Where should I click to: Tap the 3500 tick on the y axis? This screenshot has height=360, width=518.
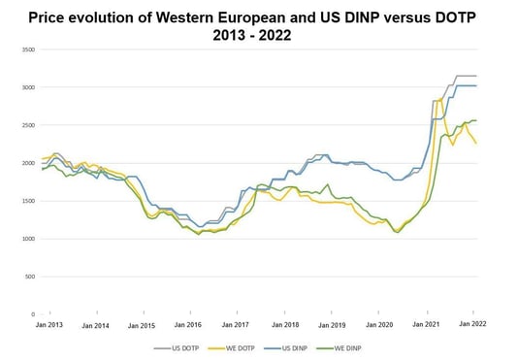tap(26, 49)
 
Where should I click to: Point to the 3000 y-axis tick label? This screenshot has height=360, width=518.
tap(26, 87)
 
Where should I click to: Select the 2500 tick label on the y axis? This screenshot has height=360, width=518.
tap(26, 125)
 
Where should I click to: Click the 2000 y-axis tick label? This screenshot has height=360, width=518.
tap(26, 163)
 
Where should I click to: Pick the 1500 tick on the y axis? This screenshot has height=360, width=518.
tap(26, 201)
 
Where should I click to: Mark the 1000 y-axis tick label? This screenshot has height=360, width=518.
tap(26, 239)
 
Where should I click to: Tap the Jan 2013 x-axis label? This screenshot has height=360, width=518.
tap(49, 325)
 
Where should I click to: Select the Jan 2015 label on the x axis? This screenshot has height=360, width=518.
tap(143, 325)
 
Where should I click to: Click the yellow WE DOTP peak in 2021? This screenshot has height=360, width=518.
tap(440, 99)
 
